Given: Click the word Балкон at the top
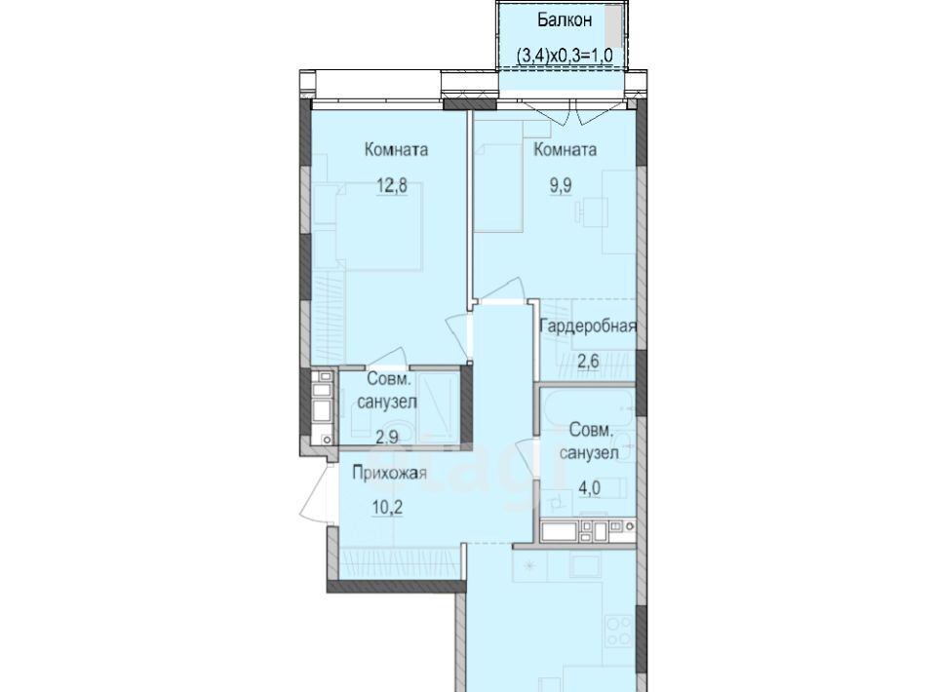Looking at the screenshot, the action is pyautogui.click(x=565, y=19).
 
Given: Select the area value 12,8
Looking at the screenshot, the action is pyautogui.click(x=392, y=185).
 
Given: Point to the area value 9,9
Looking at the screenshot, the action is pyautogui.click(x=561, y=185).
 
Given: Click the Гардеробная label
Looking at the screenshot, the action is pyautogui.click(x=588, y=327).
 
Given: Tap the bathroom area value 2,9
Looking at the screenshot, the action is pyautogui.click(x=387, y=437).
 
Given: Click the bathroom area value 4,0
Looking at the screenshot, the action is pyautogui.click(x=589, y=488).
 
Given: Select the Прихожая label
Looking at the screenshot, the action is pyautogui.click(x=389, y=474).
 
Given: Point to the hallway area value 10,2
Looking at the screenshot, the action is pyautogui.click(x=386, y=508).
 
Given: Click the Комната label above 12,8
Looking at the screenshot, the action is pyautogui.click(x=397, y=149).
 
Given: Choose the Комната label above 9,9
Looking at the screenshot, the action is pyautogui.click(x=565, y=149).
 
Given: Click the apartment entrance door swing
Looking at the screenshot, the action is pyautogui.click(x=316, y=492).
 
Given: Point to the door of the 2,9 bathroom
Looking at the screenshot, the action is pyautogui.click(x=387, y=357).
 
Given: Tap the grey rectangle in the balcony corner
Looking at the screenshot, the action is pyautogui.click(x=612, y=22).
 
